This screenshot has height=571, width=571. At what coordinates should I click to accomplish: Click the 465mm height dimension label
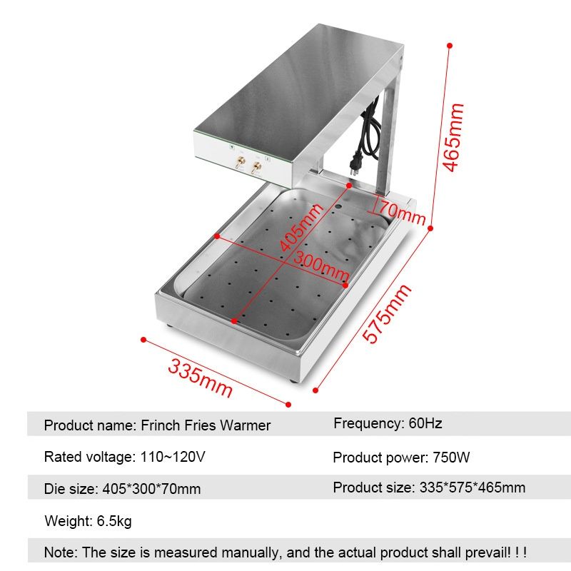(x=453, y=137)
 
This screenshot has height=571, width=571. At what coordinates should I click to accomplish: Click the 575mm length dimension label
(x=387, y=313)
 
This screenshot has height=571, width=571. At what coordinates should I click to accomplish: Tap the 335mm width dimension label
(x=200, y=378)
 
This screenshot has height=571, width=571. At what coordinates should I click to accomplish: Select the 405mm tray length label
(x=300, y=227)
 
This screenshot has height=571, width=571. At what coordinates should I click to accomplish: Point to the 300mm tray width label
(x=321, y=266)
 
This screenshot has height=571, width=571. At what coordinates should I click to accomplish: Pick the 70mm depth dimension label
(x=403, y=213)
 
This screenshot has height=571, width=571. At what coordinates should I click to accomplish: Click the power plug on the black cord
(x=355, y=163)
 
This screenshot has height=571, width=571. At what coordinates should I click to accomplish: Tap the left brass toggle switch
(x=240, y=162)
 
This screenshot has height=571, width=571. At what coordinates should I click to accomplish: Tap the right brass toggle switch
(x=256, y=168)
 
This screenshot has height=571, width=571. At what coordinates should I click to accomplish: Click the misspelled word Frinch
(x=161, y=425)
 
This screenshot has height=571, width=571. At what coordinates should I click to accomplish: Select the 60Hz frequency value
(x=425, y=423)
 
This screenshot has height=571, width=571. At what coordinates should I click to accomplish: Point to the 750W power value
(x=451, y=458)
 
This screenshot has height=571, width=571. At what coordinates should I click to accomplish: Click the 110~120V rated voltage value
(x=173, y=457)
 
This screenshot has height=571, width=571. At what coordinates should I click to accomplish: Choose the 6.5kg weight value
(x=114, y=521)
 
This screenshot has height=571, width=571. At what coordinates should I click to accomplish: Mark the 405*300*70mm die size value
(x=151, y=489)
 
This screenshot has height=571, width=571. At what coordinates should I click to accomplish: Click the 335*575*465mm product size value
(x=473, y=487)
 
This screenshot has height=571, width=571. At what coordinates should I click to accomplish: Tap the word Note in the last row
(x=61, y=552)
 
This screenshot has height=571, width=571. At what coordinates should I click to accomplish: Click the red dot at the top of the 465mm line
(x=450, y=46)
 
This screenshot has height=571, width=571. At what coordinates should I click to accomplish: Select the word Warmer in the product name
(x=245, y=425)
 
